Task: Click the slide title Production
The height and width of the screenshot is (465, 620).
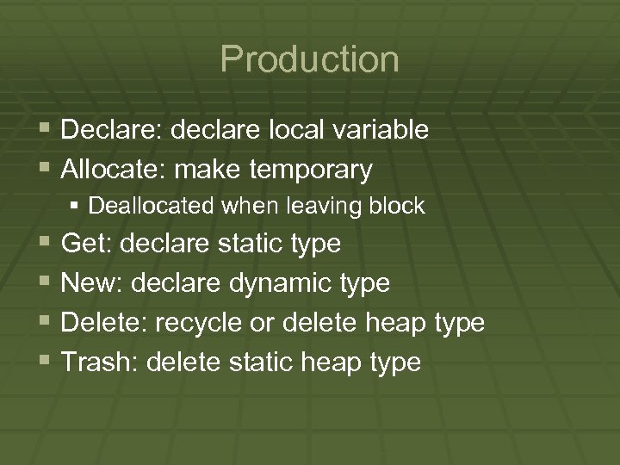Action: [x=309, y=59]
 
